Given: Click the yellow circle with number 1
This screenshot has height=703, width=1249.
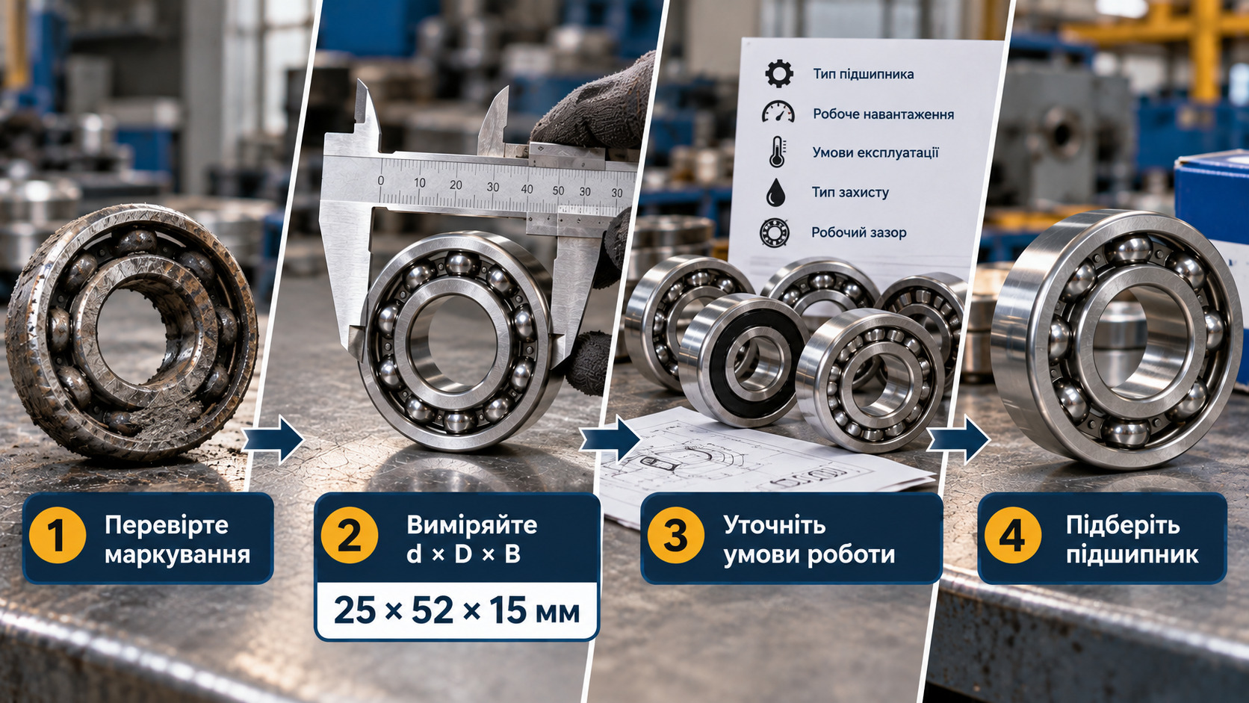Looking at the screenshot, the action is click(58, 536).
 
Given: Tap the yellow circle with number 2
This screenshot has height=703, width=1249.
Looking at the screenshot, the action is click(350, 536).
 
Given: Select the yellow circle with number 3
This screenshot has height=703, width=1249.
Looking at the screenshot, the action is click(676, 536).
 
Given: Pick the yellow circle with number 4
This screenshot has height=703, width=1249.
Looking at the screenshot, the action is click(1013, 536).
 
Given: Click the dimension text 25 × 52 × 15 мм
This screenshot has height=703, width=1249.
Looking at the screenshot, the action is click(456, 611).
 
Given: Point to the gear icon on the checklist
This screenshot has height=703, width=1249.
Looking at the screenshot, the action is click(779, 74).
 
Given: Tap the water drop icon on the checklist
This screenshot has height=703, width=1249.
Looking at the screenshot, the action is click(775, 192).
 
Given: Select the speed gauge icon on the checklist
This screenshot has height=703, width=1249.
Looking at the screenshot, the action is click(778, 112).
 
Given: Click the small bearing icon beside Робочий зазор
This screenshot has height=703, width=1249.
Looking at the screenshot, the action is click(775, 232).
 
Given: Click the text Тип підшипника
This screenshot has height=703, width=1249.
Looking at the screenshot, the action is click(863, 74).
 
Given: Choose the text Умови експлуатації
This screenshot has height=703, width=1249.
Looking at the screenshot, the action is click(875, 152).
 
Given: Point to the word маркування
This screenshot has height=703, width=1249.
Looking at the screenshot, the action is click(177, 555).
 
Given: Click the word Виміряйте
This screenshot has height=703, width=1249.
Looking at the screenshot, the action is click(471, 525).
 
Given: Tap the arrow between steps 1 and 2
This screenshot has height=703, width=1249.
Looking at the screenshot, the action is click(273, 439).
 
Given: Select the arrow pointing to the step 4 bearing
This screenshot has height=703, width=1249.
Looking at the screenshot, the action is click(958, 439).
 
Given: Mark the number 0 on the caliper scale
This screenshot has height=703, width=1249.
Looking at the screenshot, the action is click(381, 181).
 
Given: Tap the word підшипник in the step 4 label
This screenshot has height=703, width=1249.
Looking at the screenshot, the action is click(1132, 555).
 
